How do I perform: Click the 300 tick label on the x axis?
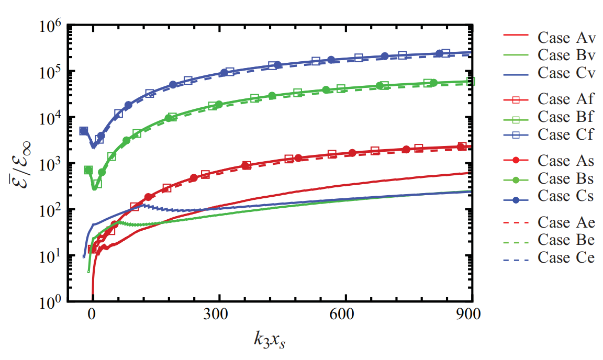(x=218, y=316)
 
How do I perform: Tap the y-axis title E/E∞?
(x=19, y=163)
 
